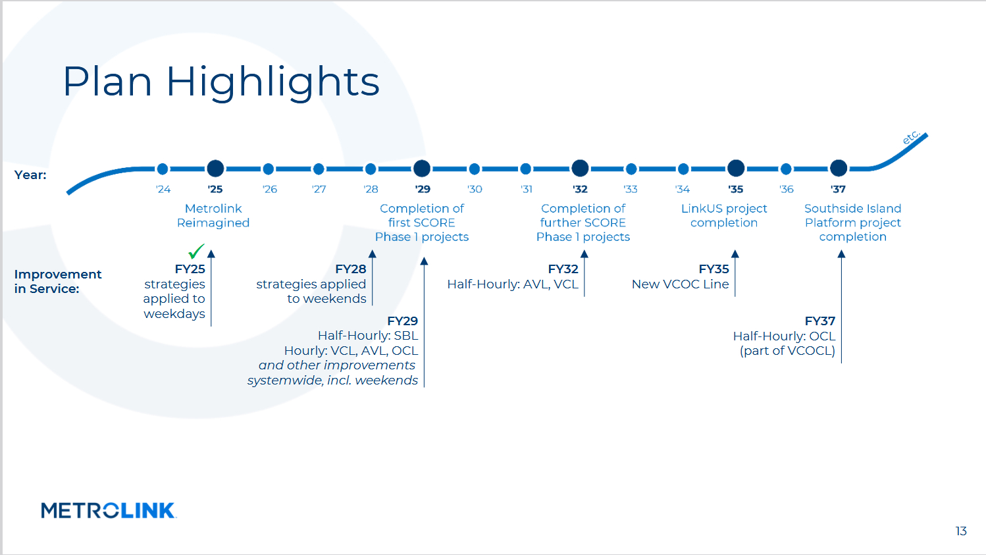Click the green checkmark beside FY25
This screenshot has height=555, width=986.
(x=196, y=251)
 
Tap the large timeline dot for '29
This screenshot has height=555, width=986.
(x=422, y=168)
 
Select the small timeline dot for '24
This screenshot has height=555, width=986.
(x=163, y=169)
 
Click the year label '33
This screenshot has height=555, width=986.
(x=631, y=189)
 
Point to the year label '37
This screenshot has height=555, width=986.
(x=838, y=189)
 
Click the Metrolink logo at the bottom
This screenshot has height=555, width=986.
(x=109, y=510)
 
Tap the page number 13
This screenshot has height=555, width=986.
(x=961, y=531)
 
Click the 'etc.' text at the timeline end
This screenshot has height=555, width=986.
(x=911, y=138)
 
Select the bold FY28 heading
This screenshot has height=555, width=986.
(x=350, y=269)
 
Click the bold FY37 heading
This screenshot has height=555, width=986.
(x=819, y=321)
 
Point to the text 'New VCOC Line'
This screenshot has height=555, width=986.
(x=680, y=284)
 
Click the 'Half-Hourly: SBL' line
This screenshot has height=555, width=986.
(x=367, y=336)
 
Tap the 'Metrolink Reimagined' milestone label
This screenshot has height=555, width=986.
(x=213, y=216)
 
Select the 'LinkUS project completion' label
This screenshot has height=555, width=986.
(x=724, y=216)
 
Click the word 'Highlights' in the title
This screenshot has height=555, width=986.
(x=273, y=82)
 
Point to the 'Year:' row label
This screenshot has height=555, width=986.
(x=30, y=174)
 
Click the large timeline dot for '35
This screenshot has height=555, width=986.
(x=735, y=168)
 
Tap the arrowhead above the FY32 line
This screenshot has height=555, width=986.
(x=584, y=254)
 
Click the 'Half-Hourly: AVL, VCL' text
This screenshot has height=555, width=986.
(x=512, y=284)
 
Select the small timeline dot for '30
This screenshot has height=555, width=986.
(x=474, y=169)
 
